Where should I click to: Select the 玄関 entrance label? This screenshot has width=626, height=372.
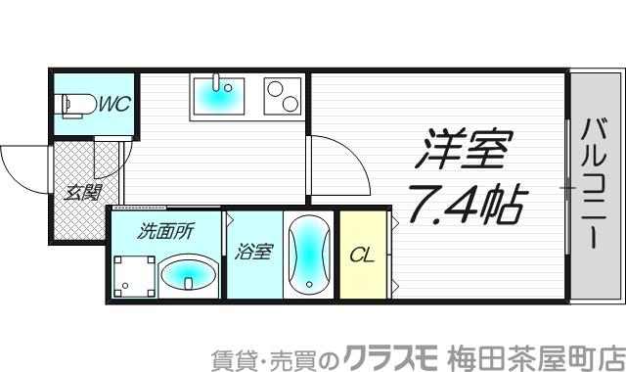82,193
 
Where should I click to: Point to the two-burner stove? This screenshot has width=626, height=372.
284,96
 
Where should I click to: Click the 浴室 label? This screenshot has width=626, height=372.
252,253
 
